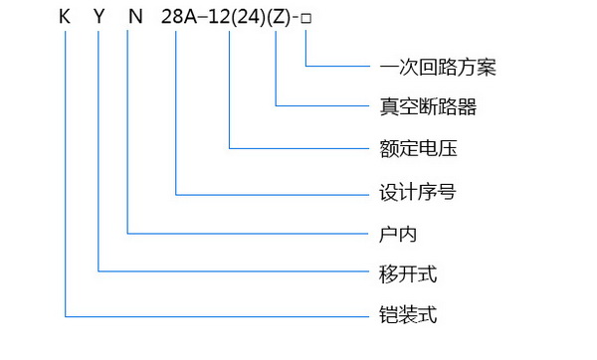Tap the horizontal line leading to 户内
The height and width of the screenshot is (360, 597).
pyautogui.click(x=249, y=234)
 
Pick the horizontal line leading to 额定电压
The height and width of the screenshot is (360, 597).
pyautogui.click(x=298, y=148)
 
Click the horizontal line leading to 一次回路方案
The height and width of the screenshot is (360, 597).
pyautogui.click(x=338, y=67)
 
